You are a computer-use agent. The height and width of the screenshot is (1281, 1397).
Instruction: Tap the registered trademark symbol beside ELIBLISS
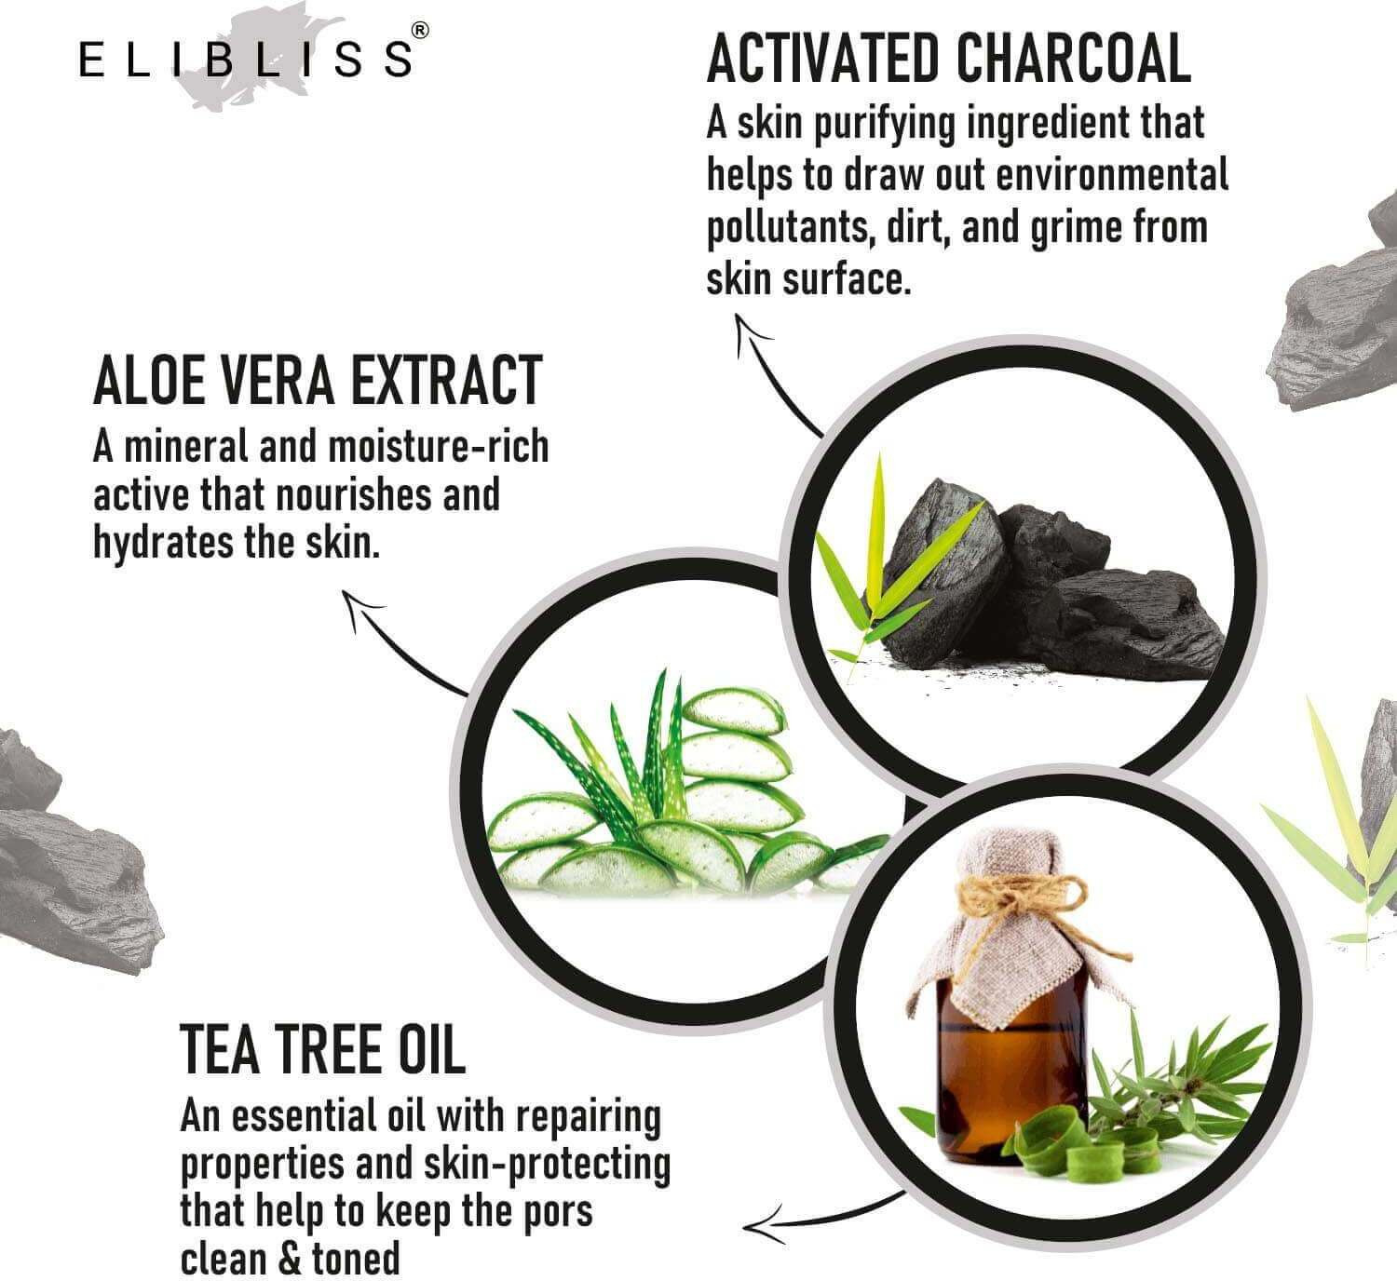click(420, 31)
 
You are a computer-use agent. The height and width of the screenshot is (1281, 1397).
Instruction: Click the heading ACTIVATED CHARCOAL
click(948, 58)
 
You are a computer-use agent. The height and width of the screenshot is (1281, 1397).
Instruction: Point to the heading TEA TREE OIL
click(322, 1048)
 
